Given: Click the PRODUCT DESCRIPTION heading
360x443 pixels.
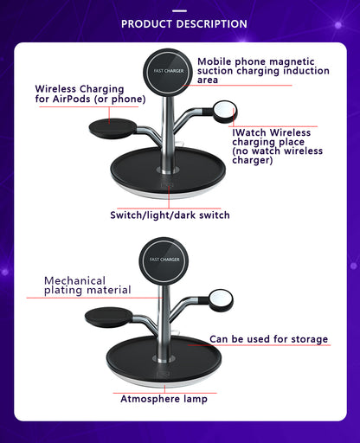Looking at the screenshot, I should coord(183,23).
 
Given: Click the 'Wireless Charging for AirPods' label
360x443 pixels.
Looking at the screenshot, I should coord(80,93).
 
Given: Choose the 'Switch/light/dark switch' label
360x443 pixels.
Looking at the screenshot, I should coord(170,215).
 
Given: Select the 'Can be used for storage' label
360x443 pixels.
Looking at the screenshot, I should coord(269,339).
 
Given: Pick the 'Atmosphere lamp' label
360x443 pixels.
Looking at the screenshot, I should coord(163,399).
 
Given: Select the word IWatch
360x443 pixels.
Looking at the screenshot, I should coord(250,132).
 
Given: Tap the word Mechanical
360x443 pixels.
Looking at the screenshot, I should coord(75,280).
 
